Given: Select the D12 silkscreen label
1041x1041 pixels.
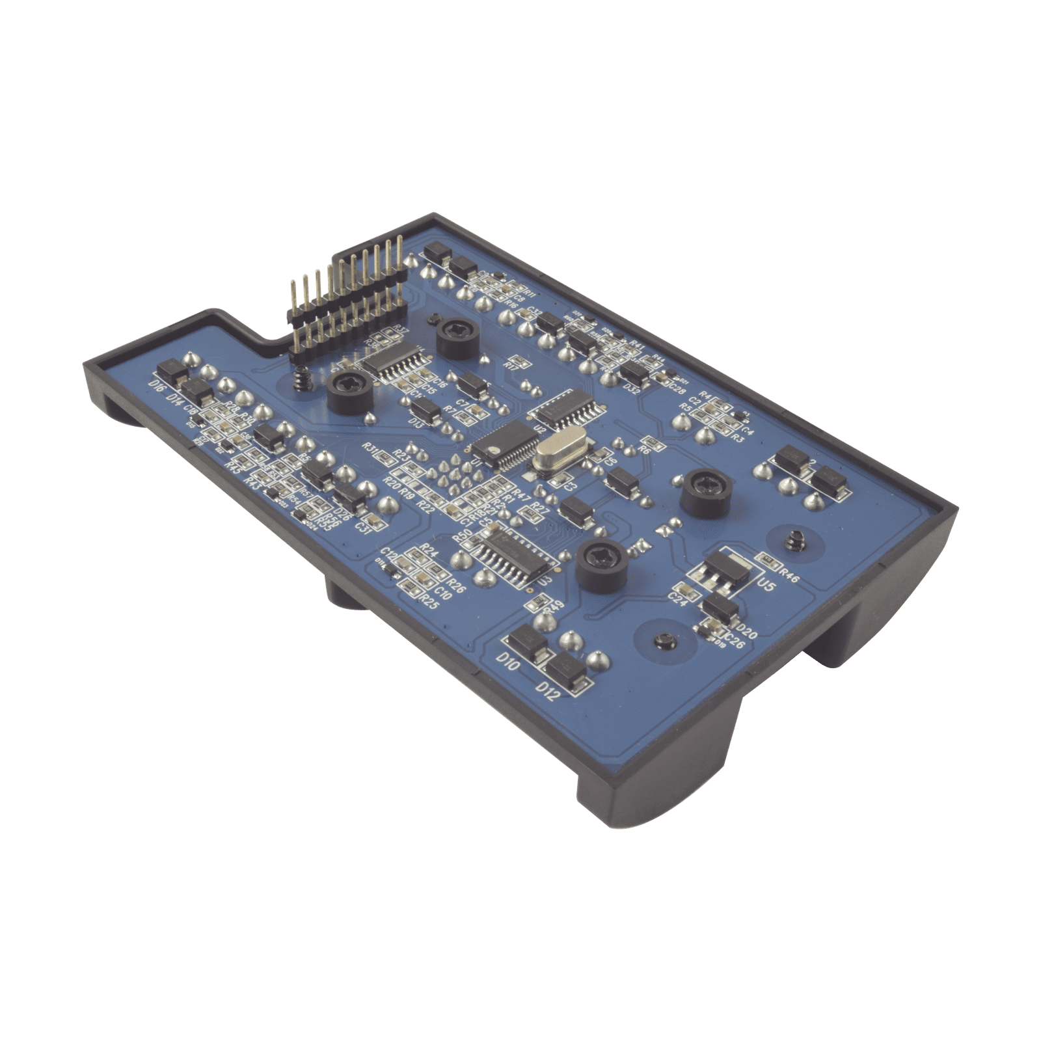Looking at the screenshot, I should (547, 691).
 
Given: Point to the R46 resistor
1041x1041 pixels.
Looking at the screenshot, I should (768, 559).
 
